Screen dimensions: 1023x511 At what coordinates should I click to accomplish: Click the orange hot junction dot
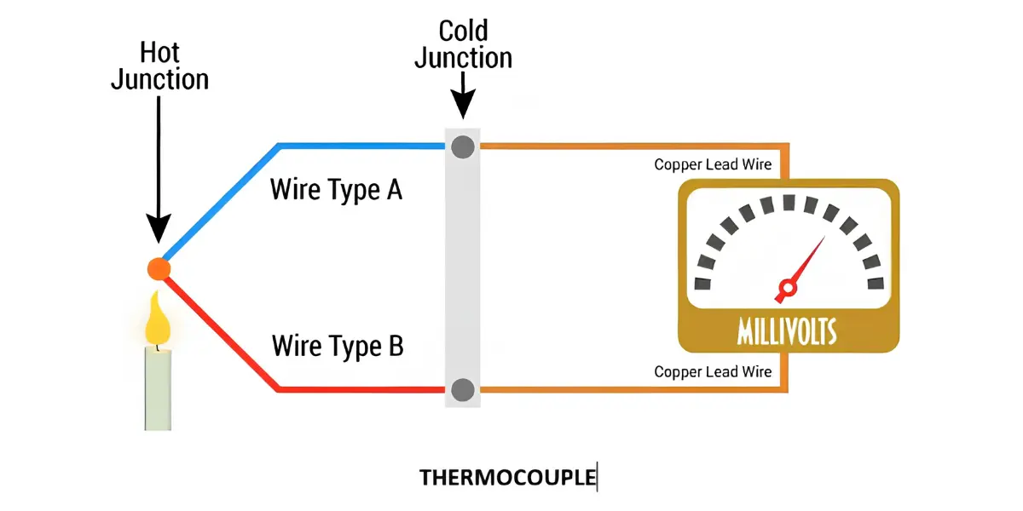click(159, 269)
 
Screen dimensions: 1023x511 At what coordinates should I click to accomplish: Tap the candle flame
click(158, 319)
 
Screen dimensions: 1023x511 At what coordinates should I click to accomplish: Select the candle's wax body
click(158, 389)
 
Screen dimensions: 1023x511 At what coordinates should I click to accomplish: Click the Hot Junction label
click(160, 66)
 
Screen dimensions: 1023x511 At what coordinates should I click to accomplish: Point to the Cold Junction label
click(463, 44)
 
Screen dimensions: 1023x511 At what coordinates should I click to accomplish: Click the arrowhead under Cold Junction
click(463, 104)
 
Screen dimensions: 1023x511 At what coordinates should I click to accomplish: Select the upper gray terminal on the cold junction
click(463, 146)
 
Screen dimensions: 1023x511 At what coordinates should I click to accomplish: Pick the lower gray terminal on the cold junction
click(463, 390)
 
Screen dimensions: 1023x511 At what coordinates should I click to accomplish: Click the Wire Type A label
click(336, 190)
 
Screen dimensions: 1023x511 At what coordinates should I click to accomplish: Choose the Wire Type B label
click(338, 347)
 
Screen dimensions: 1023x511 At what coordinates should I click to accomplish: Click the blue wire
click(278, 146)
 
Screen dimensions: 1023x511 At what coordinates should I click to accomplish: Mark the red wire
click(277, 388)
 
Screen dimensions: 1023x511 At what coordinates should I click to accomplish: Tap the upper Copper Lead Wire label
click(713, 164)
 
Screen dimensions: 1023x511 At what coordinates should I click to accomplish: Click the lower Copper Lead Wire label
click(713, 372)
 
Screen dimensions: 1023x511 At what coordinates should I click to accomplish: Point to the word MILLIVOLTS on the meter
click(788, 331)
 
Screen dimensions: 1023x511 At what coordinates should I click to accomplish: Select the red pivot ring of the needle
click(788, 289)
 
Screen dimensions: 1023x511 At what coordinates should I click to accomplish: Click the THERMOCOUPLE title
click(508, 478)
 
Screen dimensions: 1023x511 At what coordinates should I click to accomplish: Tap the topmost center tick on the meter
click(789, 202)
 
